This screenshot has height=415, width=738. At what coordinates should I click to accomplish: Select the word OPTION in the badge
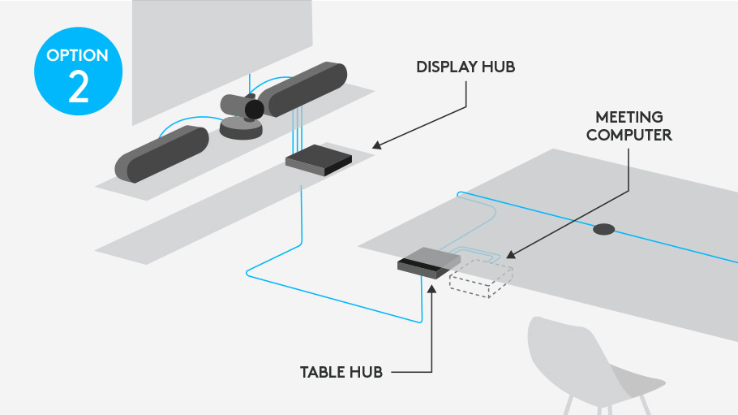(x=78, y=56)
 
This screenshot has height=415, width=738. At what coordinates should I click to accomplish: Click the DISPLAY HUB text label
(x=466, y=67)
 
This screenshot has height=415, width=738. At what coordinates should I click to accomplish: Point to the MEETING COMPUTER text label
(x=629, y=126)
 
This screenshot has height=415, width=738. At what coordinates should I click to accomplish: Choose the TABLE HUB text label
(x=341, y=373)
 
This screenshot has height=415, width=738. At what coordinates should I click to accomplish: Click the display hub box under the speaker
(x=318, y=159)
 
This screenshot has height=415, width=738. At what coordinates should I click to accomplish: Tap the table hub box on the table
(x=427, y=262)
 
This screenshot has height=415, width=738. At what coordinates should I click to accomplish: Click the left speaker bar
(x=161, y=154)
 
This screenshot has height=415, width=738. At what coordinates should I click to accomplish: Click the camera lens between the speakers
(x=254, y=109)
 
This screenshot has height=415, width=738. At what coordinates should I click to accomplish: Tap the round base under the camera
(x=242, y=128)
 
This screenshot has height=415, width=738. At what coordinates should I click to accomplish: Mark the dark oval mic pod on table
(x=603, y=229)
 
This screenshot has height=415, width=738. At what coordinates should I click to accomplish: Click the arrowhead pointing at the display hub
(x=377, y=146)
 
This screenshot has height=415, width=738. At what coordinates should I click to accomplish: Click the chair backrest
(x=568, y=353)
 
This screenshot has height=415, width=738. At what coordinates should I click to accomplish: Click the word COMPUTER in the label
(x=629, y=135)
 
